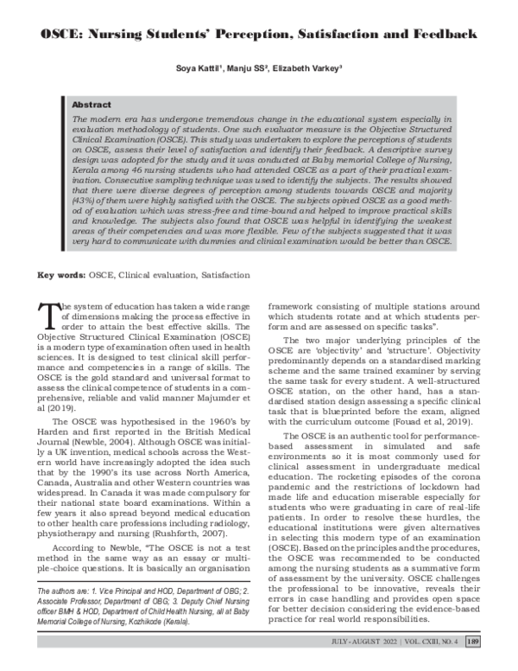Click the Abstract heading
(91, 102)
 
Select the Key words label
(60, 275)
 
